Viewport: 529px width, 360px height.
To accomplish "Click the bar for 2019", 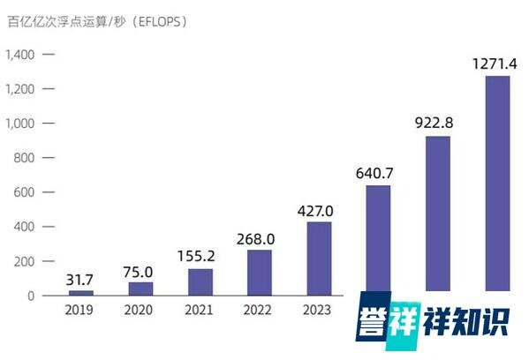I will pyautogui.click(x=81, y=292).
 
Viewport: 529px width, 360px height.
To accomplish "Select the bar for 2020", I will pyautogui.click(x=141, y=289).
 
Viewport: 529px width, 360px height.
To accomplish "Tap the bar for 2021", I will pyautogui.click(x=200, y=281).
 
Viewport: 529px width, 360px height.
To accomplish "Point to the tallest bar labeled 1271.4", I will pyautogui.click(x=497, y=183).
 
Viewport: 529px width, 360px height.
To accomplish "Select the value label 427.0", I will pyautogui.click(x=319, y=212).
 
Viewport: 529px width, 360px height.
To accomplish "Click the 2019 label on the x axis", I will pyautogui.click(x=81, y=310).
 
